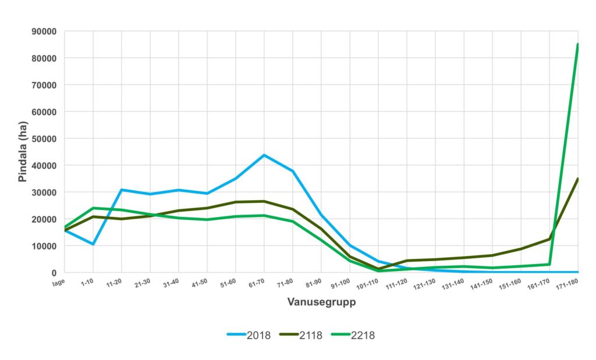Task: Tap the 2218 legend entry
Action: (x=363, y=335)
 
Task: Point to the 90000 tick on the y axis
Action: (x=43, y=31)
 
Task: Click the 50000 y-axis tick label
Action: (x=43, y=138)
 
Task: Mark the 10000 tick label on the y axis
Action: (x=43, y=246)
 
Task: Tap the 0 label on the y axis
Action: (x=54, y=273)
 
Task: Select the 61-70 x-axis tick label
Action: (x=257, y=284)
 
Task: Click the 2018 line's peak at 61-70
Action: (x=264, y=155)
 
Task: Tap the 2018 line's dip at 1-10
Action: (x=93, y=244)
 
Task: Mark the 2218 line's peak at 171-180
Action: (x=577, y=44)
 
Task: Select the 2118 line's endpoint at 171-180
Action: (x=577, y=179)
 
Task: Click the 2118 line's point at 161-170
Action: (x=549, y=239)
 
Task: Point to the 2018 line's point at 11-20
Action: (x=122, y=190)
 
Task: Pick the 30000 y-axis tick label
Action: (x=43, y=193)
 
